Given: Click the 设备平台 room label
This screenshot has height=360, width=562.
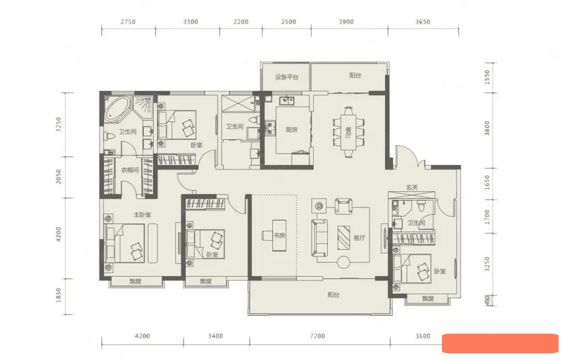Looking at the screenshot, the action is [287, 77].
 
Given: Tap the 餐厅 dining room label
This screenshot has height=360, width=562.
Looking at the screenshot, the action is [348, 132].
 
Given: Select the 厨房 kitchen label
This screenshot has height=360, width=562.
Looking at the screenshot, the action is [291, 130].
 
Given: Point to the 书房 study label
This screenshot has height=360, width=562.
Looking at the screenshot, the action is [279, 236].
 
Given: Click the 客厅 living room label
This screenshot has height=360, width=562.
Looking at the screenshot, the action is [359, 238].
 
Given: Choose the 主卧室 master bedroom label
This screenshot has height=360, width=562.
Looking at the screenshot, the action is [142, 214].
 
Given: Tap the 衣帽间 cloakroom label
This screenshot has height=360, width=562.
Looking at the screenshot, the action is [130, 170].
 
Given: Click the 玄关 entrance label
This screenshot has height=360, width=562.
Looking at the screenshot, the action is [412, 187].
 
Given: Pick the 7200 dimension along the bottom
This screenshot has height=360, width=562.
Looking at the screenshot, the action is [317, 336].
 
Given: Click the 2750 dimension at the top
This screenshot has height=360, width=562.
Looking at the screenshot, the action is [128, 22].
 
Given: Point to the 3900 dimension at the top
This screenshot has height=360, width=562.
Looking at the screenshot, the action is [346, 22].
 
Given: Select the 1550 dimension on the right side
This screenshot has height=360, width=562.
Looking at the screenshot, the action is [487, 78].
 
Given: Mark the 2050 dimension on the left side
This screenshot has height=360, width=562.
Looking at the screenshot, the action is [58, 176].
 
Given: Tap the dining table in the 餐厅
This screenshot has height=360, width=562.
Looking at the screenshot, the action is [348, 133].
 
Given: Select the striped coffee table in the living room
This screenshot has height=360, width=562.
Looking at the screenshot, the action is [344, 238].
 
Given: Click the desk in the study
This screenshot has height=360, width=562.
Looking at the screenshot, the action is [279, 235].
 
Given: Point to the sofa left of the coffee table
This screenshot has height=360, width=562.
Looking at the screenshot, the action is [320, 238].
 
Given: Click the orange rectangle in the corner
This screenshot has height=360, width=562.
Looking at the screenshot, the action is [500, 343].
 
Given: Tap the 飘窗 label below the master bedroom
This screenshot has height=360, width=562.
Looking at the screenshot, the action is [135, 281].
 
